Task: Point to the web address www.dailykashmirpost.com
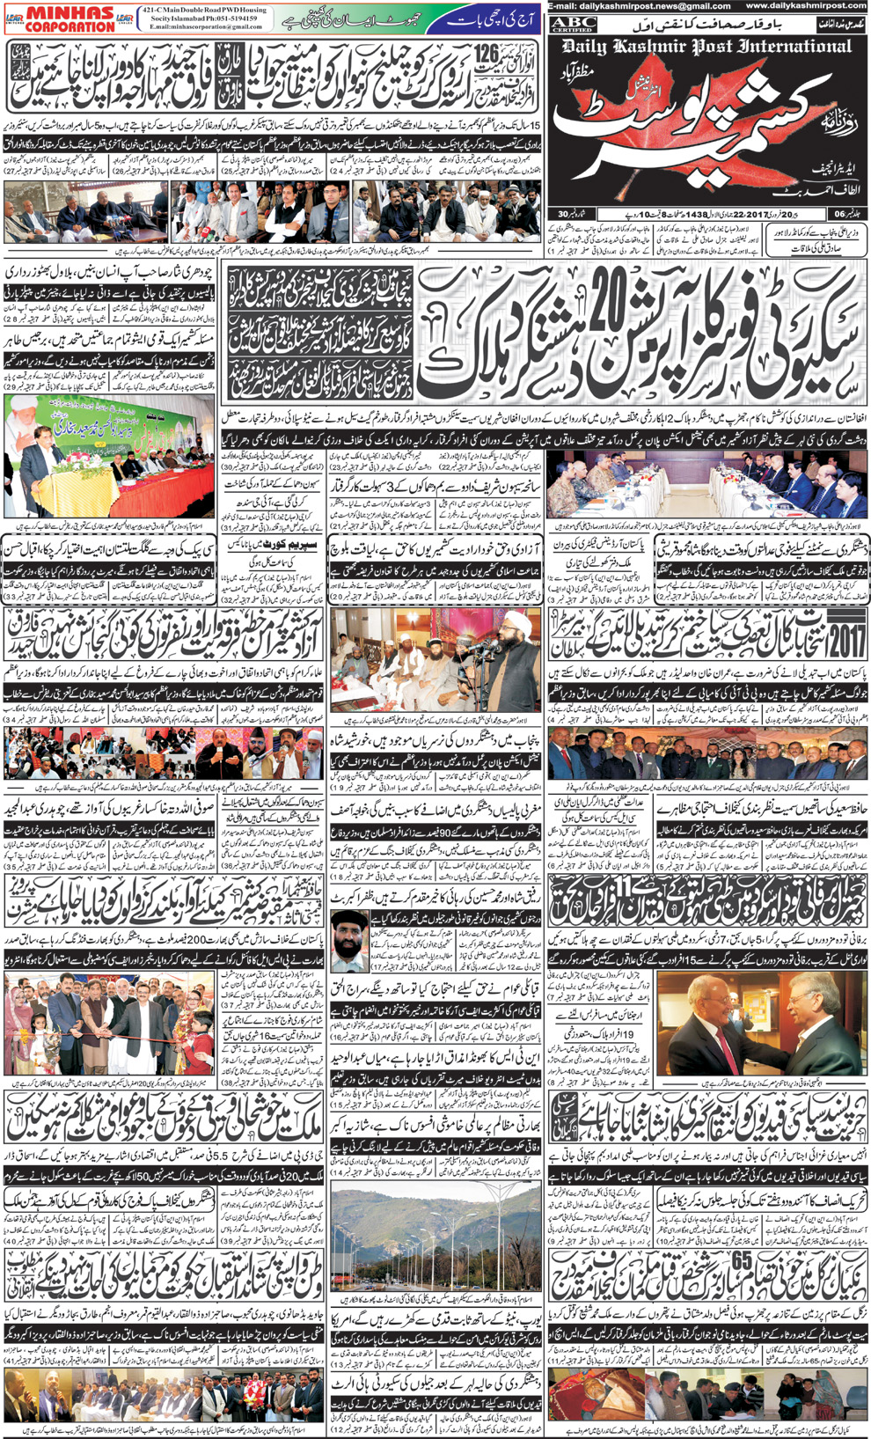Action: [809, 6]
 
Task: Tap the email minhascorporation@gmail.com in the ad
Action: [205, 27]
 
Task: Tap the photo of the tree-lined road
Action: [435, 1241]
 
